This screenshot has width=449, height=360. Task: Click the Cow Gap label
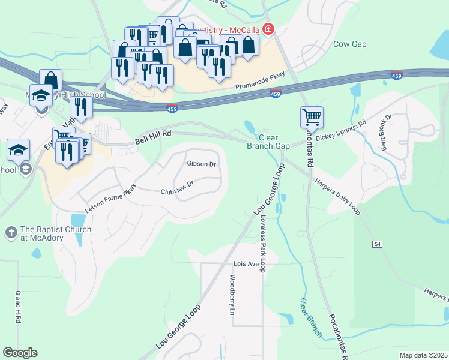pos(349,44)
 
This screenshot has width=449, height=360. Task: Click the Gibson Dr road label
pos(201,164)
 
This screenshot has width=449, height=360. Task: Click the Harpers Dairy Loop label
pos(337,191)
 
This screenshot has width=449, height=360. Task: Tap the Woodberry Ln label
pos(232,295)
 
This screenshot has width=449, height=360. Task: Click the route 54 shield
pos(377,244)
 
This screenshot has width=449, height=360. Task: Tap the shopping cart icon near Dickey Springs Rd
pos(312,116)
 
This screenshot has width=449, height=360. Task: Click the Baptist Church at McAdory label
pos(56,233)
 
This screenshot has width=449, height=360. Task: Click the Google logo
pos(20,353)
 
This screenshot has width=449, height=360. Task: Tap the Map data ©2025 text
pos(423,355)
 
